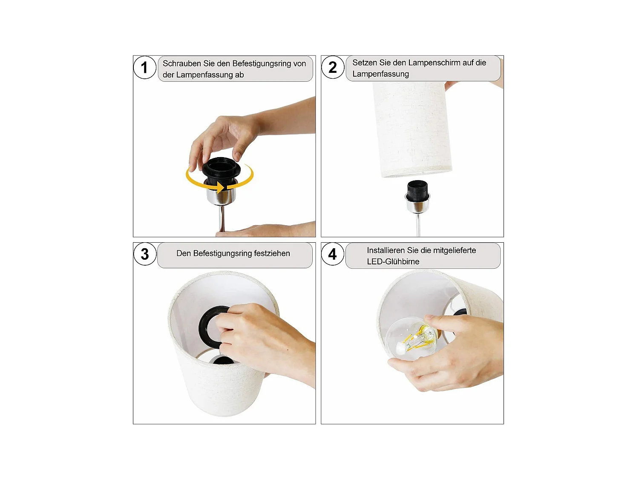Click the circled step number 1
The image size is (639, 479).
[144, 67]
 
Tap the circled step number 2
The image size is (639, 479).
[332, 67]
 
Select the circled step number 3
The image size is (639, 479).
[145, 254]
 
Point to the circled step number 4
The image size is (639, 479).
[332, 254]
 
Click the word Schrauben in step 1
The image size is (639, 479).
[182, 63]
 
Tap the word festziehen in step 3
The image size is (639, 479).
[272, 253]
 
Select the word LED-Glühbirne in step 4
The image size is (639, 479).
[393, 261]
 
